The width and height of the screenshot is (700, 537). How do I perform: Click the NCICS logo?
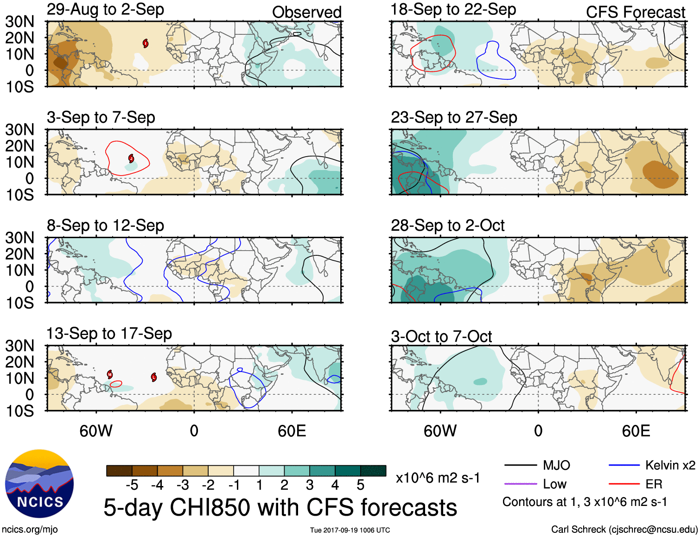coord(39,484)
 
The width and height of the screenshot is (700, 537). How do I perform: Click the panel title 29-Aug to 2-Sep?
coord(105,9)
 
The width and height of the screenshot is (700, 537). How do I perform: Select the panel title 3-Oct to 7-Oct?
coord(441,336)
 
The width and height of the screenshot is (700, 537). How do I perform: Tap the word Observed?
coord(306,12)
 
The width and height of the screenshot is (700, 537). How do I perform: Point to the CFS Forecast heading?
coord(635,12)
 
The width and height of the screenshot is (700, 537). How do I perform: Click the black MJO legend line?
coord(520,465)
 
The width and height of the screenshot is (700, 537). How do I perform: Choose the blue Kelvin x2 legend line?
coord(624,465)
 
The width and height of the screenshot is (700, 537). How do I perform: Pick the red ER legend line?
coord(624,484)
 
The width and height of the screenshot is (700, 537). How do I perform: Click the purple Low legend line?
coord(520,484)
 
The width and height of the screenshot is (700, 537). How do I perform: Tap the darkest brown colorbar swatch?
coord(119,471)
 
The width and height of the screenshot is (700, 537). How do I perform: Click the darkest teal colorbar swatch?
coord(373,471)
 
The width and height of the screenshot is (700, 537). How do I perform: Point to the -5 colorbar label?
coord(132,485)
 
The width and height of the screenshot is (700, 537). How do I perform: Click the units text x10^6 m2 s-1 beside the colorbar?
coord(438,478)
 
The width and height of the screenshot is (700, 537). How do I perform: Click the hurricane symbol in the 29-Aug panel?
coord(146,44)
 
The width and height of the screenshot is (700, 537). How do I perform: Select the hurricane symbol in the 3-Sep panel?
coord(131,159)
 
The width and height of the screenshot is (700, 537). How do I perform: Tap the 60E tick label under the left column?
coord(292,431)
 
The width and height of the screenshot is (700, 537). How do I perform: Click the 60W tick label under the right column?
coord(440,431)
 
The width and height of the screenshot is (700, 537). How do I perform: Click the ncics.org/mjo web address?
coord(30,529)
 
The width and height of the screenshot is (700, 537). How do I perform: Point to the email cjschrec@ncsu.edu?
coord(653,529)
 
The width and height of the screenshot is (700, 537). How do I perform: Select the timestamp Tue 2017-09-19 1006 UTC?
coord(350,530)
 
